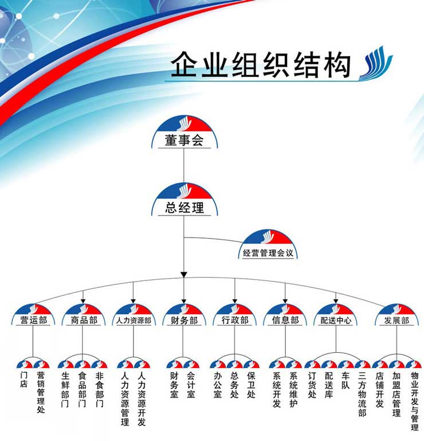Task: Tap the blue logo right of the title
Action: tap(375, 65)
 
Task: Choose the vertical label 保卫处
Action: tap(251, 385)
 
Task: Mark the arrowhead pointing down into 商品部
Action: tap(84, 299)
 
